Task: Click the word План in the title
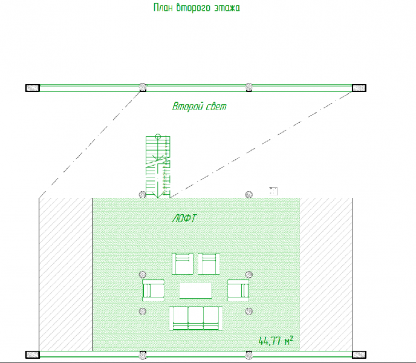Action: coord(163,7)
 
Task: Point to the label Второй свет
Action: coord(200,106)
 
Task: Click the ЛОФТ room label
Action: coord(184,218)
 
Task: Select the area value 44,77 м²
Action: coord(276,341)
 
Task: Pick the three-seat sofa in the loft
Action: coord(196,318)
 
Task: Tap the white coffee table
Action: coord(196,290)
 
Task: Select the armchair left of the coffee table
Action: coord(153,290)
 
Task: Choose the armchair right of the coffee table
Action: coord(238,290)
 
